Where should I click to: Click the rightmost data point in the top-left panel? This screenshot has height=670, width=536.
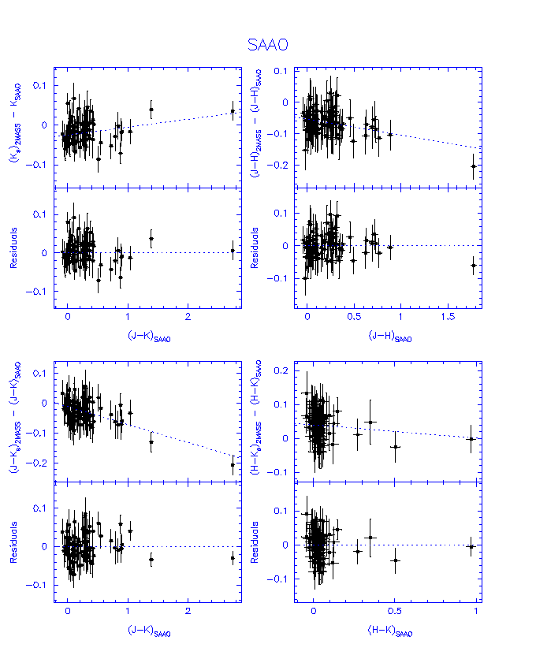[233, 111]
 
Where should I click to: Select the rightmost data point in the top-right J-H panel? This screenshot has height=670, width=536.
[473, 166]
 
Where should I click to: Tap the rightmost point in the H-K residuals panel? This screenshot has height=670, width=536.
[471, 546]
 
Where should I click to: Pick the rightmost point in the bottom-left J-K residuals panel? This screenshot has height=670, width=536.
[233, 557]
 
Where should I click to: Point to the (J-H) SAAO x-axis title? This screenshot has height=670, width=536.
[389, 337]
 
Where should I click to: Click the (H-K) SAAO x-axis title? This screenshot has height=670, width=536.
[389, 631]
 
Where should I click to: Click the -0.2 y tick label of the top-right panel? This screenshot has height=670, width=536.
[278, 166]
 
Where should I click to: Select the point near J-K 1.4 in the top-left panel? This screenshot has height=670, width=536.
[151, 110]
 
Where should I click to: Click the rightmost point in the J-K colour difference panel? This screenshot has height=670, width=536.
[233, 464]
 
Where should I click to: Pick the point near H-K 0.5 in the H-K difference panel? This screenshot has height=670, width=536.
[396, 447]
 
